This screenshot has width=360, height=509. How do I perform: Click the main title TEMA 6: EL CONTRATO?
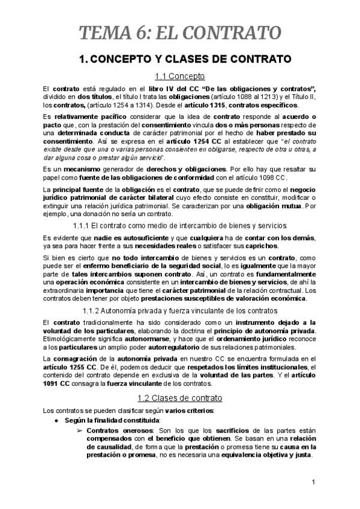[x=180, y=32]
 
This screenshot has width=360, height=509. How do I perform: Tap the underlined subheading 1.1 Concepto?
[x=180, y=76]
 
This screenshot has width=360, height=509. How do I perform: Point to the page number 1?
[x=314, y=483]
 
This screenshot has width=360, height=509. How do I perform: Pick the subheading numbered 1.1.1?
[x=180, y=225]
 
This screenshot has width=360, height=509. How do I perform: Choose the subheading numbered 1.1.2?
[x=180, y=310]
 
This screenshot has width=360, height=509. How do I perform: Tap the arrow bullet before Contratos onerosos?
[x=78, y=430]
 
